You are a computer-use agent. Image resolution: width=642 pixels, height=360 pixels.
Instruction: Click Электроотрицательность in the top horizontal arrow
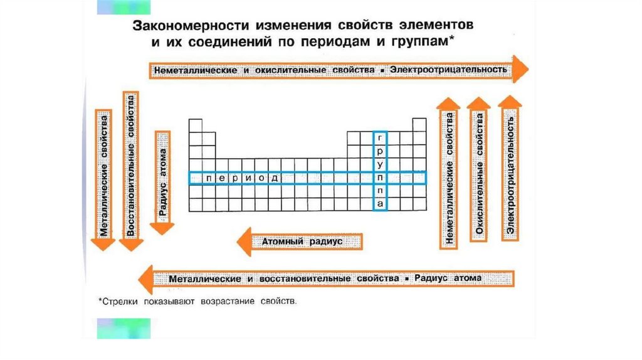tap(448, 69)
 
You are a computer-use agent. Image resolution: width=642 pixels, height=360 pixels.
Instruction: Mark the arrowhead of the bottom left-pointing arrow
tap(147, 278)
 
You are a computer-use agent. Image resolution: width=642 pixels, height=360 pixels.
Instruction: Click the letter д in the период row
tap(273, 178)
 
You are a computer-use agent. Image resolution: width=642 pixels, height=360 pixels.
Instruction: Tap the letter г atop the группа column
tap(380, 137)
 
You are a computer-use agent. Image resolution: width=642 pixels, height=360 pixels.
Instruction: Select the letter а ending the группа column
tap(380, 204)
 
